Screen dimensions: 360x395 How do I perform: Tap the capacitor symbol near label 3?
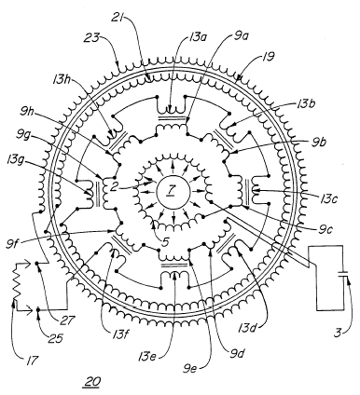[x=343, y=274]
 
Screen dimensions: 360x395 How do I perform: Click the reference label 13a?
[x=198, y=39]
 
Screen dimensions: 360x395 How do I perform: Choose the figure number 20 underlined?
[x=91, y=381]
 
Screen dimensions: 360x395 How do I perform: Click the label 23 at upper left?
[x=92, y=38]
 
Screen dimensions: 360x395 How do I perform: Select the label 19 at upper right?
[x=268, y=57]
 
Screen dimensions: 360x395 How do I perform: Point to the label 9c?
[x=324, y=230]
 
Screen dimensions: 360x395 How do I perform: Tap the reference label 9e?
[x=190, y=370]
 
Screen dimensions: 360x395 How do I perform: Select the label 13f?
[x=118, y=334]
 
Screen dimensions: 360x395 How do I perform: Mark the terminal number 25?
[x=56, y=338]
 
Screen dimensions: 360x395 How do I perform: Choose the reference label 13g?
[x=15, y=162]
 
